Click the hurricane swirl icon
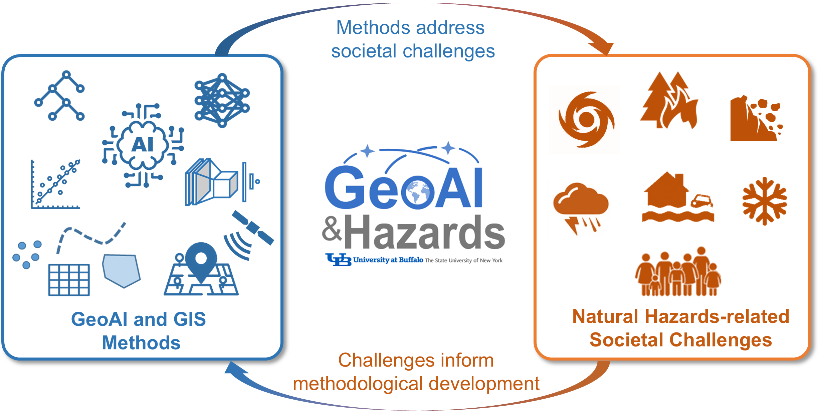[x=586, y=119]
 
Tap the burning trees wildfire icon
[x=668, y=100]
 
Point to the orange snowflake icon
[x=765, y=201]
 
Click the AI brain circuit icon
[x=143, y=145]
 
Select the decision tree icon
[x=59, y=96]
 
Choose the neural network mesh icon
[x=222, y=100]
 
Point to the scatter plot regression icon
[x=55, y=184]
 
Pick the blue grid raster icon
[x=69, y=280]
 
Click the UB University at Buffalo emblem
[x=339, y=260]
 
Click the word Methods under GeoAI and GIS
[x=141, y=343]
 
